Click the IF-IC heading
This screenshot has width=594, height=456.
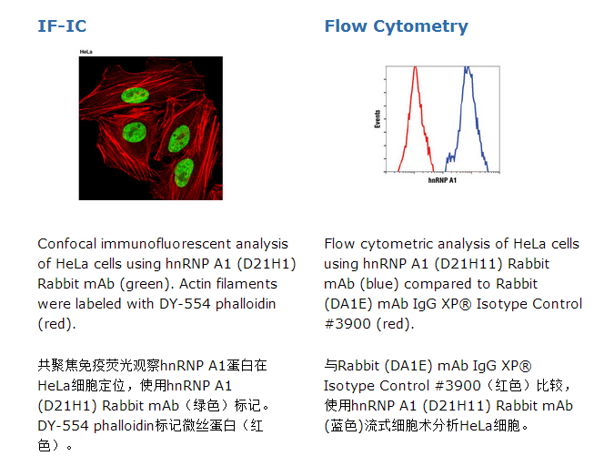pyautogui.click(x=62, y=26)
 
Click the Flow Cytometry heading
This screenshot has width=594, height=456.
pyautogui.click(x=397, y=26)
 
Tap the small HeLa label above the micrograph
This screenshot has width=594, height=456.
pyautogui.click(x=86, y=52)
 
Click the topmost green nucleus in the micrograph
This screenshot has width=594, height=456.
pyautogui.click(x=135, y=95)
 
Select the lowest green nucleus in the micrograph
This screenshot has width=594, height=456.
pyautogui.click(x=184, y=173)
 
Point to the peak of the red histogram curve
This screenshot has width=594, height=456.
pyautogui.click(x=415, y=67)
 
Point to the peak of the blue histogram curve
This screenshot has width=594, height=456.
pyautogui.click(x=468, y=68)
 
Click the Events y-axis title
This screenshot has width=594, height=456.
pyautogui.click(x=378, y=119)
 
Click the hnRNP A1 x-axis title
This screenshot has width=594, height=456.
pyautogui.click(x=442, y=180)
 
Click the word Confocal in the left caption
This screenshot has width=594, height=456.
pyautogui.click(x=67, y=244)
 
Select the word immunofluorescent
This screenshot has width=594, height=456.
pyautogui.click(x=166, y=244)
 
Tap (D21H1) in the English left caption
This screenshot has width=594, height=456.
pyautogui.click(x=267, y=264)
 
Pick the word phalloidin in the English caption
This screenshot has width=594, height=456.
pyautogui.click(x=246, y=304)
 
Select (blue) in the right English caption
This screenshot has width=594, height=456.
pyautogui.click(x=380, y=284)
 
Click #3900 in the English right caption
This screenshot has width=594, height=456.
pyautogui.click(x=347, y=324)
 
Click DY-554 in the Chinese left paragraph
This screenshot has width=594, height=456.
pyautogui.click(x=64, y=426)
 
